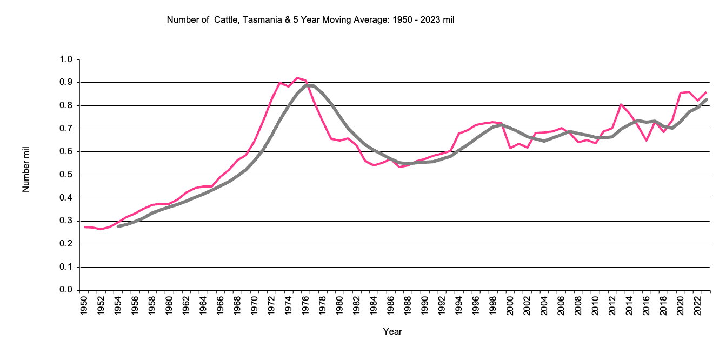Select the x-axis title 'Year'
pos(392,331)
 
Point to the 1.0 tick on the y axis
pos(65,59)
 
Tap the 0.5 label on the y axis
pos(65,175)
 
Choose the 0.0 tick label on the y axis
pos(65,290)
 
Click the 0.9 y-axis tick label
pos(65,82)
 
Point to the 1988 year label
pos(407,304)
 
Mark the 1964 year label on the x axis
pos(203,304)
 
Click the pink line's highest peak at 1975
pos(297,78)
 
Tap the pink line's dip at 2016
pos(647,141)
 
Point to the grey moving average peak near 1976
pos(307,85)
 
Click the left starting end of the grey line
pos(118,226)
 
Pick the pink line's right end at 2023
pos(706,92)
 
